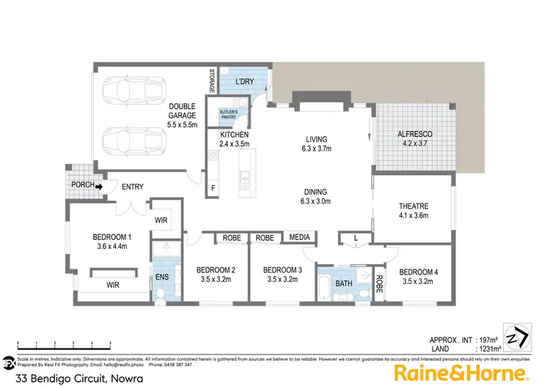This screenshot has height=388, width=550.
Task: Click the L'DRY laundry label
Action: click(x=244, y=82)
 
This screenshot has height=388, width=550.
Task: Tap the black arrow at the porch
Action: click(x=98, y=185)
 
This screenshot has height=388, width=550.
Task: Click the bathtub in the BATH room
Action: click(x=323, y=284)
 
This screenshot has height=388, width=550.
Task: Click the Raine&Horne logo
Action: click(x=461, y=373)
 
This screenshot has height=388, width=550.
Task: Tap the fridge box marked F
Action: click(x=213, y=188)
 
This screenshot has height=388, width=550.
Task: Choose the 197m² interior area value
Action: click(x=487, y=340)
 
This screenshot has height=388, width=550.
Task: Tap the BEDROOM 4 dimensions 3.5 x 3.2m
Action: click(x=419, y=282)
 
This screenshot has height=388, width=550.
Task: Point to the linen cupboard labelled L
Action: click(x=356, y=238)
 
